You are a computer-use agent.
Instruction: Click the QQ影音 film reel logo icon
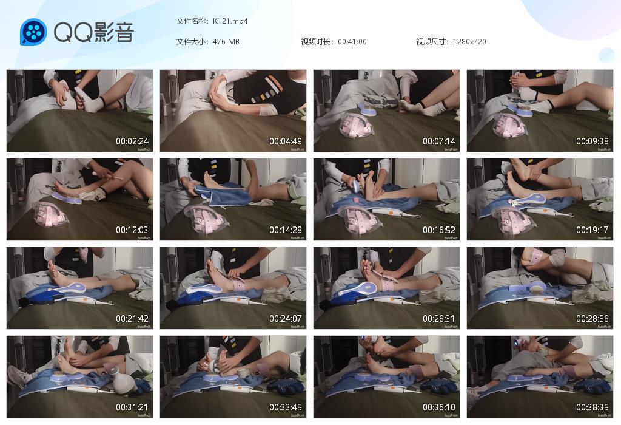[33, 32]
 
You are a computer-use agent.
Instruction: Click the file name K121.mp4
[230, 21]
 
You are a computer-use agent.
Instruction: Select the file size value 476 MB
[226, 42]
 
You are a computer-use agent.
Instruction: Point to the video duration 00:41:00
[352, 42]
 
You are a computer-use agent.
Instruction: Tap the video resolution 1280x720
[469, 42]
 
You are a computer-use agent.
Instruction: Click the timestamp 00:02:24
[132, 141]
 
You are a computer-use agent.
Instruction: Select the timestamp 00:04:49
[286, 141]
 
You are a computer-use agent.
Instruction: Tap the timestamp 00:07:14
[439, 141]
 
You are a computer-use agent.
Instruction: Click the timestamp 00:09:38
[592, 141]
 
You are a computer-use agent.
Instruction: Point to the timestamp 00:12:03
[132, 230]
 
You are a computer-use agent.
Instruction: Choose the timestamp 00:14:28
[286, 230]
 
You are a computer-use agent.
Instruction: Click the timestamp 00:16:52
[439, 230]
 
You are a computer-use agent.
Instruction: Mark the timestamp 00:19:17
[592, 230]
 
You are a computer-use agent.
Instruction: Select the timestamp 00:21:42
[132, 319]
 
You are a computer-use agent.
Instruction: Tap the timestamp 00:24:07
[286, 319]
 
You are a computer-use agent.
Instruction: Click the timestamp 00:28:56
[592, 319]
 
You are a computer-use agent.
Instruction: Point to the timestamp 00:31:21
[132, 407]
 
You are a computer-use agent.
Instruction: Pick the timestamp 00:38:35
[592, 407]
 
